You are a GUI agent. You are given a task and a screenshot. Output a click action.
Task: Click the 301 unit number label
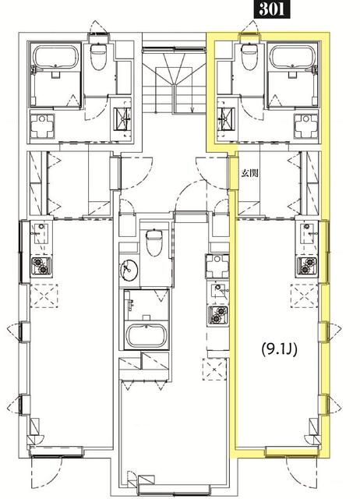[x=272, y=9]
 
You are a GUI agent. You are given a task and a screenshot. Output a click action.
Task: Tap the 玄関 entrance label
[x=249, y=173]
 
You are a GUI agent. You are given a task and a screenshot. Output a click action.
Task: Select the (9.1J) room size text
[x=279, y=350]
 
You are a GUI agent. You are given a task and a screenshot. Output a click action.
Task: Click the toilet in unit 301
[x=249, y=57]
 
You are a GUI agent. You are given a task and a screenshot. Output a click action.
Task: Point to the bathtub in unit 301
[x=292, y=57]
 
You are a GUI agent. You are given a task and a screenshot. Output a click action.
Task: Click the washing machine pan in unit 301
[x=305, y=126]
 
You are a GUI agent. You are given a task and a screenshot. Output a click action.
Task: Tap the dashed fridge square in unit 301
[x=305, y=296]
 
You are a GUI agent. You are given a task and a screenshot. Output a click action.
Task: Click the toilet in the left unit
[x=99, y=57]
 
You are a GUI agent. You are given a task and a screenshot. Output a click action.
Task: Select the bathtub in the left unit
[x=56, y=57]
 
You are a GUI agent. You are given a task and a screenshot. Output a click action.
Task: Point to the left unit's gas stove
[x=41, y=266]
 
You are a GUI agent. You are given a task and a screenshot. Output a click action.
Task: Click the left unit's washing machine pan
[x=42, y=126]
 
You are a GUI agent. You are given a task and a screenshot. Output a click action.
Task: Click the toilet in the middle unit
[x=154, y=242]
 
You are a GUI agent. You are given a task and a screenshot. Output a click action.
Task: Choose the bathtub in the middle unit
[x=146, y=336]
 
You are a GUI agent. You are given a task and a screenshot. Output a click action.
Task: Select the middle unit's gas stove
[x=218, y=315]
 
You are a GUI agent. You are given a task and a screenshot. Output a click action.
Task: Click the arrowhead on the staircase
[x=192, y=109]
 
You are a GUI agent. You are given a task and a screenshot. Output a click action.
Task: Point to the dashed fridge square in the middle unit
[x=215, y=369]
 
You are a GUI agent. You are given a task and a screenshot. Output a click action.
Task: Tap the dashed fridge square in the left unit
[x=44, y=296]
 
